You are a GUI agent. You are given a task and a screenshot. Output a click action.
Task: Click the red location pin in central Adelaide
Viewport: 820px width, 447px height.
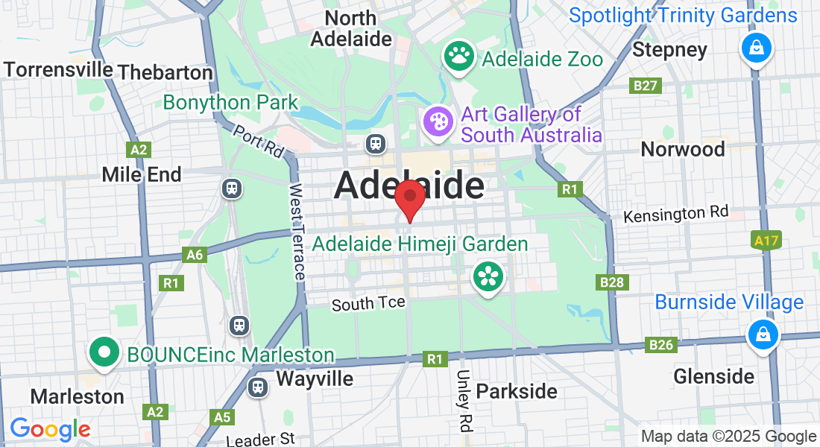coord(409,197)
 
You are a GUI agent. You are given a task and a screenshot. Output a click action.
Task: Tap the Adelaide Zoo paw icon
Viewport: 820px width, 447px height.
coord(460,55)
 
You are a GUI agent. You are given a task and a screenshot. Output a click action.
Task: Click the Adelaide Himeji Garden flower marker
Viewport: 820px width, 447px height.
coord(488,277)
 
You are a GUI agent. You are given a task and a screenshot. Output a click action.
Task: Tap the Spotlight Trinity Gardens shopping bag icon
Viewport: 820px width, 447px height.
coord(757,48)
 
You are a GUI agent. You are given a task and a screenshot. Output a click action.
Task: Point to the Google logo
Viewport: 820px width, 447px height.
coord(50,429)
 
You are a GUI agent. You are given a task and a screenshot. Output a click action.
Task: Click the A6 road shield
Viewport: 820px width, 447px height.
coord(195,256)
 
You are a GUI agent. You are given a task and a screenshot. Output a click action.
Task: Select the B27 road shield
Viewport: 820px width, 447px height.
coord(646,86)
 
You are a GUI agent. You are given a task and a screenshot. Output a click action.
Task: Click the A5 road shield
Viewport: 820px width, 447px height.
coord(221,416)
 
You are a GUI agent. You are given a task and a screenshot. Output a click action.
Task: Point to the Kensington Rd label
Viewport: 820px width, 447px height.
coord(675,215)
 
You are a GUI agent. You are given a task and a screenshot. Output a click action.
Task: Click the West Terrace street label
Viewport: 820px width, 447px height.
coord(297,232)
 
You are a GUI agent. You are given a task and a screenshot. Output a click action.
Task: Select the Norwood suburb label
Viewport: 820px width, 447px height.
coord(683,149)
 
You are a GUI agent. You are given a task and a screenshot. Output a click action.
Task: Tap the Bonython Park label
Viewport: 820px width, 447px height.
coord(230,102)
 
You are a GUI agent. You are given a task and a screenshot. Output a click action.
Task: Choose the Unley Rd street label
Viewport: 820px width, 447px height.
coord(464,401)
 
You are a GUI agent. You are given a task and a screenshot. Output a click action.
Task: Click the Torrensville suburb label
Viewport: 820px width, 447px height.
coord(58,70)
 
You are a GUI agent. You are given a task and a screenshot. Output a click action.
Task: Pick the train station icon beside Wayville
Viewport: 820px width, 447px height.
coord(258,387)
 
